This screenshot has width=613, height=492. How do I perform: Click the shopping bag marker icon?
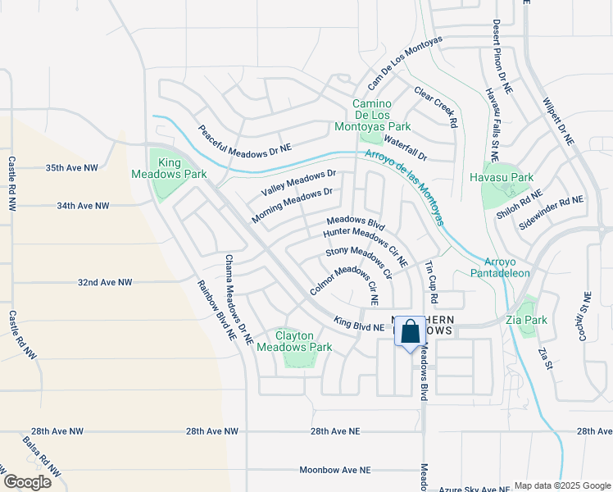click(x=411, y=333)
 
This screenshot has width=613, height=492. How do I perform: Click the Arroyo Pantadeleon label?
click(x=501, y=267)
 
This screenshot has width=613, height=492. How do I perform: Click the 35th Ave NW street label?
click(x=71, y=167)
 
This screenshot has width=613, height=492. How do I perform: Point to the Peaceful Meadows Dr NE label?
click(x=244, y=139)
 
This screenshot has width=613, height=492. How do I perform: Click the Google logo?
click(x=26, y=482)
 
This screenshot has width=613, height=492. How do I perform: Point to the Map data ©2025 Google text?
click(x=561, y=485)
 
